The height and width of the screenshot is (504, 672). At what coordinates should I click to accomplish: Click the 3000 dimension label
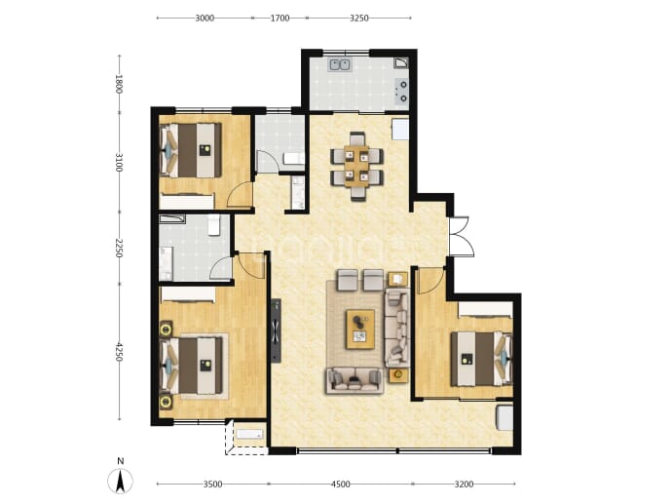coord(205,18)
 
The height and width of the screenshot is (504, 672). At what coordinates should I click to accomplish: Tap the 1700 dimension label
coord(280,18)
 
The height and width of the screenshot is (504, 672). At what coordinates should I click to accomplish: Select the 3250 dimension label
coord(359,18)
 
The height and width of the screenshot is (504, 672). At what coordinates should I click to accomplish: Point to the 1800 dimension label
coord(119,84)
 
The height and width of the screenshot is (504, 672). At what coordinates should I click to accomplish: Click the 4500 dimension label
coord(341,485)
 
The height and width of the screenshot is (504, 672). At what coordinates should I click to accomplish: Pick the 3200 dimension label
coord(464,485)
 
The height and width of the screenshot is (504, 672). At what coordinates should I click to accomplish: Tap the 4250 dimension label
coord(119,352)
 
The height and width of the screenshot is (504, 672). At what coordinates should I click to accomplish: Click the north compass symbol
coord(121,477)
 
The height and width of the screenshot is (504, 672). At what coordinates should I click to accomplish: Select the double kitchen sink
coord(340,64)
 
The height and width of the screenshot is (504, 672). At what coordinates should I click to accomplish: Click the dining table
coord(356,167)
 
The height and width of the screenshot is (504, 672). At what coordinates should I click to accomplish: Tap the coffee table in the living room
coord(360,329)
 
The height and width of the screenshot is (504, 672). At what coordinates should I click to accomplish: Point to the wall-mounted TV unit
coord(276,330)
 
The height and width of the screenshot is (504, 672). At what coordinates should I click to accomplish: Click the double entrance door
coord(461,237)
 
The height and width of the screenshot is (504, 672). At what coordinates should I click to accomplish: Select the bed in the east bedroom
coord(482,359)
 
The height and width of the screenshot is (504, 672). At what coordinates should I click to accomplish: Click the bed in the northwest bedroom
coord(191,150)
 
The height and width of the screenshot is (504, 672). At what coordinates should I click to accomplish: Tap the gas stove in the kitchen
coord(402,92)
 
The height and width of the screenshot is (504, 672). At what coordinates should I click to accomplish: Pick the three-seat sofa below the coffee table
coord(355,380)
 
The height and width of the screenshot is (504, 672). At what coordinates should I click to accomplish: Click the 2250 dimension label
coord(119,248)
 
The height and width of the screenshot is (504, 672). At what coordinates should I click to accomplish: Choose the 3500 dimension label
coord(212,485)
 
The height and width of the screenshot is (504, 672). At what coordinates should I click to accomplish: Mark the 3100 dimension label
coord(119,162)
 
